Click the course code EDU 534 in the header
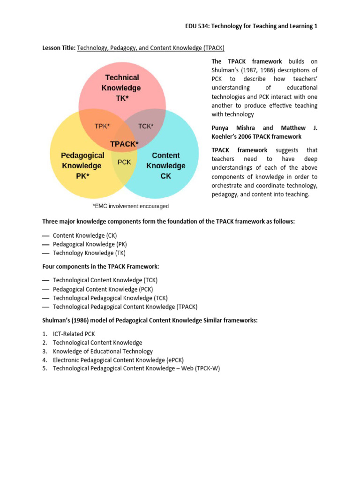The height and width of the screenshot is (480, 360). point(197,26)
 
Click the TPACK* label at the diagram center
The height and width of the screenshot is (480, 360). point(124,144)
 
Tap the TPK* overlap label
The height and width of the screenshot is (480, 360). point(103,126)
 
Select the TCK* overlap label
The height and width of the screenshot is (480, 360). point(146,126)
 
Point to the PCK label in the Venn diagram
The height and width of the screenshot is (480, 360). point(124,162)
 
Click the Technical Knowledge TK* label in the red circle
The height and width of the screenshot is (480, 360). point(121,88)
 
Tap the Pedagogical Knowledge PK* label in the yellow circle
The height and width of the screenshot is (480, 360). point(81,165)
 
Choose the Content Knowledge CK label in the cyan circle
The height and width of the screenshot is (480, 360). point(165,165)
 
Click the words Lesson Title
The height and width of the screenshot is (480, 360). point(59,48)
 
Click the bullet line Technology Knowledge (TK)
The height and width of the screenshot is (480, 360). point(90,253)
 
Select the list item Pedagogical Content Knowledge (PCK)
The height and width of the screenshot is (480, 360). point(103,289)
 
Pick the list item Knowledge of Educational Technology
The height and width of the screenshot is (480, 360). point(103,351)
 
